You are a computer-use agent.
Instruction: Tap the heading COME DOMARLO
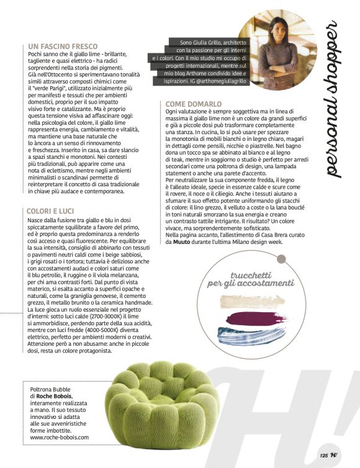tap(194, 104)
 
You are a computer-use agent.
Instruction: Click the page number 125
tap(323, 455)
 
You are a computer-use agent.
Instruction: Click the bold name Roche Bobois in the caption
tap(55, 395)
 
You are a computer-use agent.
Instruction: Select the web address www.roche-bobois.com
tap(60, 437)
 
